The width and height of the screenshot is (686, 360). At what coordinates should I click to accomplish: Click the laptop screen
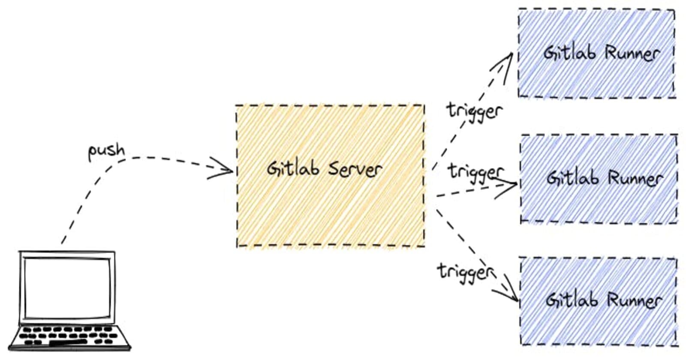pyautogui.click(x=67, y=286)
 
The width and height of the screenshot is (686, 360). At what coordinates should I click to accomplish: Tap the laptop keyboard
pyautogui.click(x=69, y=336)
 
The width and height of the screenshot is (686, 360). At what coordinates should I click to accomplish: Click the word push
pyautogui.click(x=106, y=151)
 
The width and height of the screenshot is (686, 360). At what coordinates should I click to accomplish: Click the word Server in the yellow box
pyautogui.click(x=355, y=169)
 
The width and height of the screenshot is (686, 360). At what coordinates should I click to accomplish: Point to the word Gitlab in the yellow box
pyautogui.click(x=293, y=168)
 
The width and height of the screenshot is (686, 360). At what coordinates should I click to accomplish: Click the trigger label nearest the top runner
pyautogui.click(x=474, y=111)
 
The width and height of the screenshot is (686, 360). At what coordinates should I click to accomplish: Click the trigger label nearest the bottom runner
pyautogui.click(x=466, y=272)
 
